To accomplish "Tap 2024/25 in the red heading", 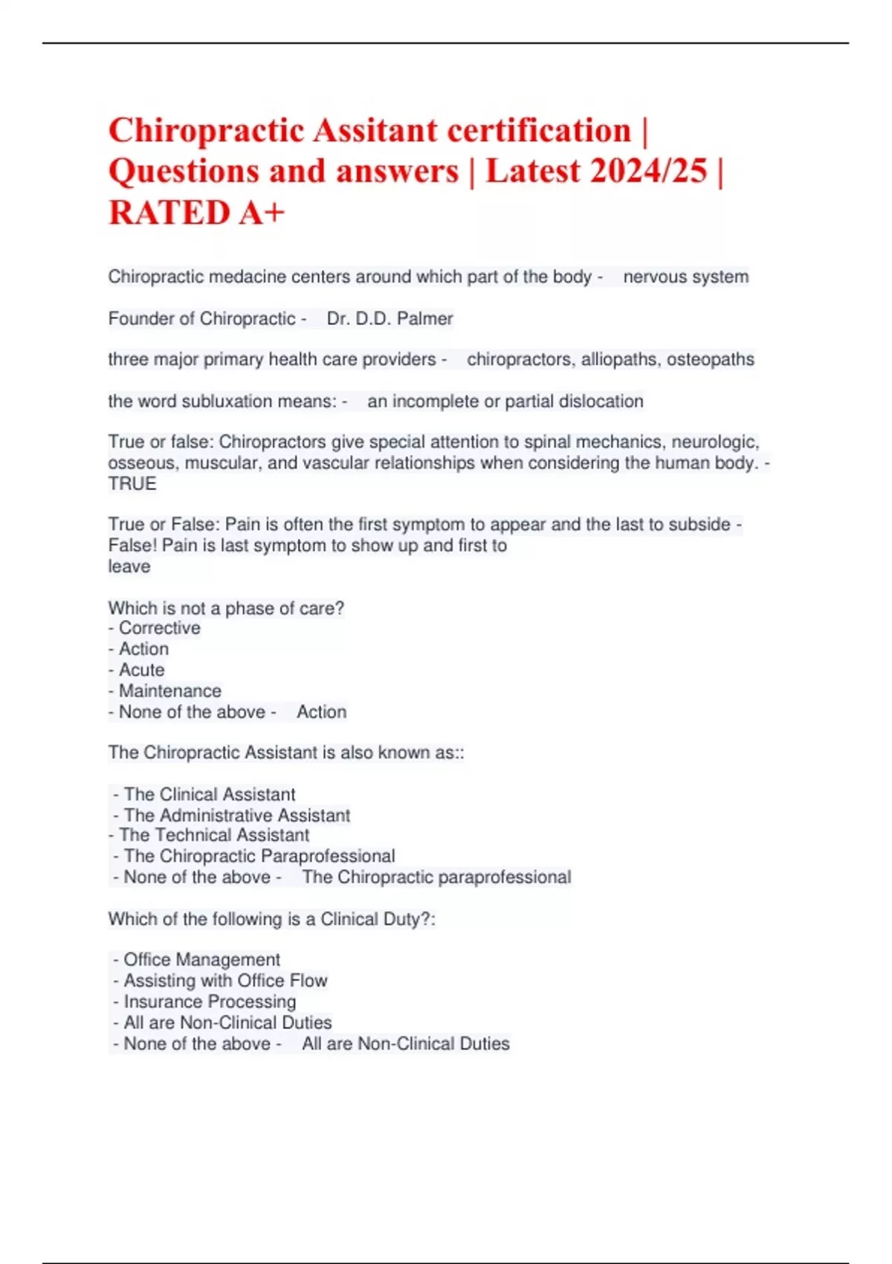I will point(647,171).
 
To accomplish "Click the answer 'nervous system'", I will point(685,277).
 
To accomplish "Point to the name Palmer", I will point(424,319).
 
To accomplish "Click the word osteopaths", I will point(710,360).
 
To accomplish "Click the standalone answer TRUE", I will point(132,484).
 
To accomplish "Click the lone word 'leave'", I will point(129,567).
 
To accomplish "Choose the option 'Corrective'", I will point(159,628).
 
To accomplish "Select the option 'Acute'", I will point(141,670).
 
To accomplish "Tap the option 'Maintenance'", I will point(169,691).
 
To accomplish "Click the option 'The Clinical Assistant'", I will point(209,795).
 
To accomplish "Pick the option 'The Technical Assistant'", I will point(213,836).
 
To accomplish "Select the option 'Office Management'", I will point(201,960).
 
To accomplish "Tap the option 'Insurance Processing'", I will point(210,1002).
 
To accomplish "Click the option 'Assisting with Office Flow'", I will point(225,981).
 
